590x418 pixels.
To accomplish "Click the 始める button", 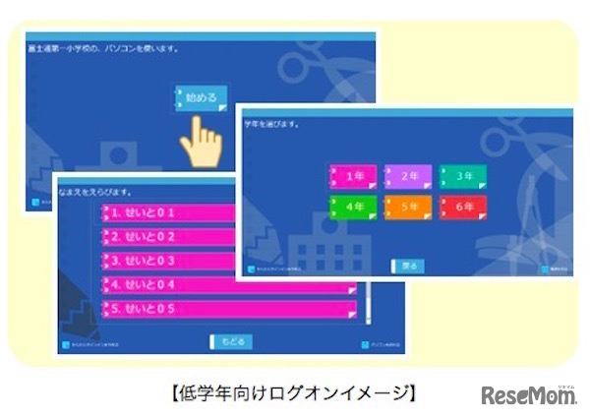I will click(x=202, y=98).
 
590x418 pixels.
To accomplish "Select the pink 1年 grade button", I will click(x=353, y=177).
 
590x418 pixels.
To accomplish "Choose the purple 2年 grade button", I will click(x=407, y=177).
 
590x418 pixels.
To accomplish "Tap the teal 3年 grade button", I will click(x=462, y=177).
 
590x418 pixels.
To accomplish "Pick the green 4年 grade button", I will click(x=353, y=208).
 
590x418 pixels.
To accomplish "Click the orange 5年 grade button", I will click(x=407, y=208).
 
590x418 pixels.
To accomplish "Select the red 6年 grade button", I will click(x=462, y=208).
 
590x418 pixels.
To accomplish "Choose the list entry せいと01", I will click(x=167, y=212).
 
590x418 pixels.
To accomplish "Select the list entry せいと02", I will click(x=167, y=237).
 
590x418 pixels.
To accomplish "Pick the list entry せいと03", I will click(x=167, y=261).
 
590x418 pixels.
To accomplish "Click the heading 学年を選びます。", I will click(x=272, y=125).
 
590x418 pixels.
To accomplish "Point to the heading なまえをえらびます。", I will click(x=98, y=191).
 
